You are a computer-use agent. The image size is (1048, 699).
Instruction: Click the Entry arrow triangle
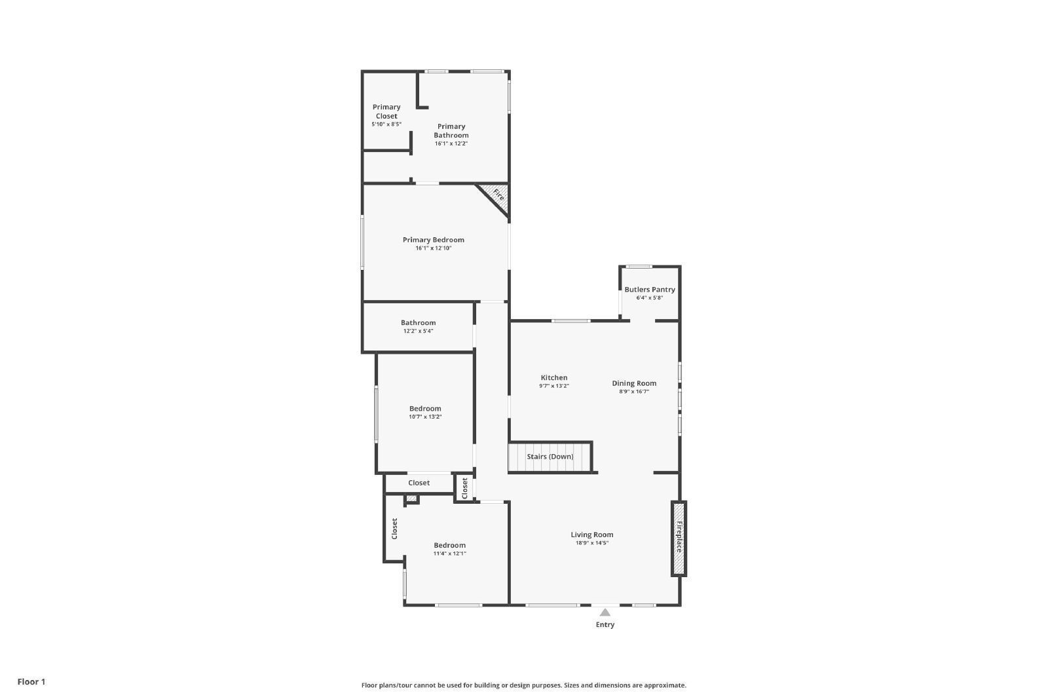605,613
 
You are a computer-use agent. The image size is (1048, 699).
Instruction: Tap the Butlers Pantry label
649,290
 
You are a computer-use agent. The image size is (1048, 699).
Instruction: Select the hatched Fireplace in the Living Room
679,538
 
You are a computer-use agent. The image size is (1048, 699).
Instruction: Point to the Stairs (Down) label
550,457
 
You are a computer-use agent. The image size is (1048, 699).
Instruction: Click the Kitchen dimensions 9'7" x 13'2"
553,387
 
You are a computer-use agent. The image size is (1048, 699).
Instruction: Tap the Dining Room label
634,383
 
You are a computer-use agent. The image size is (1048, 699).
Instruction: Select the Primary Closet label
386,111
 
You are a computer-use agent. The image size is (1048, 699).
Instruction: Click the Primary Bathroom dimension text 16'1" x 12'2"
451,143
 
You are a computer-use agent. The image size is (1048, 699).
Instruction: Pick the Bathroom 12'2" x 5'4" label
418,326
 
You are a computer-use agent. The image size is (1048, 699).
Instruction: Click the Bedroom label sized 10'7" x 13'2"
425,409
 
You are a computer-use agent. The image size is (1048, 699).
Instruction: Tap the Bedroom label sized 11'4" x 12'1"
449,545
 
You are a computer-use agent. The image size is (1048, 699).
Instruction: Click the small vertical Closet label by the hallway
464,488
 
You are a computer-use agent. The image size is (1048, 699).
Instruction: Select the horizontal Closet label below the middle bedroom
419,483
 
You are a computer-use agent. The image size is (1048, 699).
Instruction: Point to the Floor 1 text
31,682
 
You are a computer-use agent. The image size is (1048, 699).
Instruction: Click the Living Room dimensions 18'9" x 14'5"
591,543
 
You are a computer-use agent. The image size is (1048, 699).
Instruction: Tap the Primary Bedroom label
433,240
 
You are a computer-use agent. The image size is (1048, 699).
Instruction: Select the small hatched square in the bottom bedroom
411,499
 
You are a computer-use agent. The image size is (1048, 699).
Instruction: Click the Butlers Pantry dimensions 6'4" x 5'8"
649,298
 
